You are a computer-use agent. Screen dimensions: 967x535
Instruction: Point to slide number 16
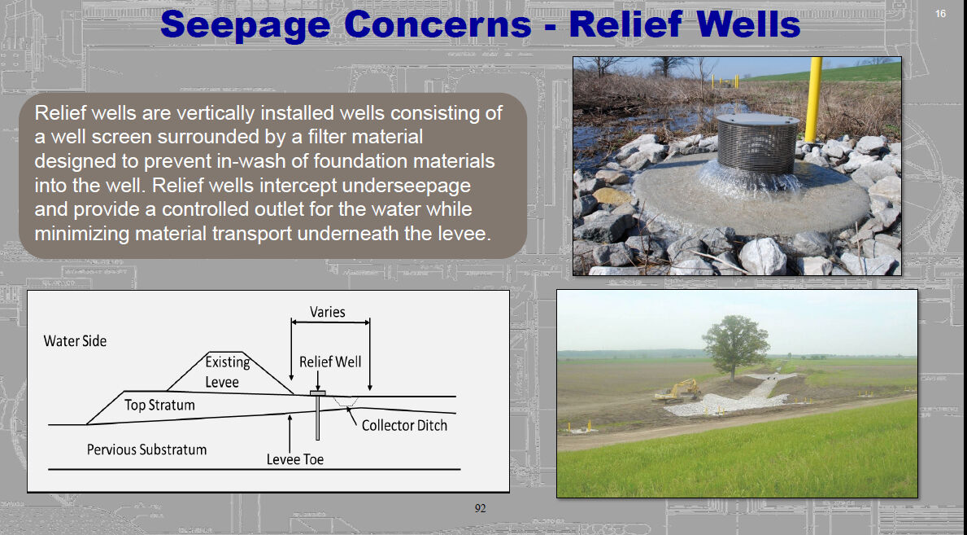pos(940,14)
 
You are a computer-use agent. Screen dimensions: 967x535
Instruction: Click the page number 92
pos(480,508)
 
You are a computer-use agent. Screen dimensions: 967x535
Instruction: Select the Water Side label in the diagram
pos(76,341)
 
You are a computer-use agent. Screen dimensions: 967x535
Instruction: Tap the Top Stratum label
pos(159,406)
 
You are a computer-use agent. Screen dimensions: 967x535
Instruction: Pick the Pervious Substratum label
pos(146,449)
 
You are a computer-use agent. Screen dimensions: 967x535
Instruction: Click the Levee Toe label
pos(294,459)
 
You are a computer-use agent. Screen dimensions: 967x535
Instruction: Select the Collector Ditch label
pos(404,426)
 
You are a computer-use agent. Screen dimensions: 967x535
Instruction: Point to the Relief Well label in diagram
pos(330,362)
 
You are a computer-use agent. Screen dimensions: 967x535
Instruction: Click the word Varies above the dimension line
pos(328,312)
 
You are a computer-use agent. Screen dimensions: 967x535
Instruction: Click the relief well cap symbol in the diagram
pos(318,393)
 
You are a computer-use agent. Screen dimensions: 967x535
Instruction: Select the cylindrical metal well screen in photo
pos(757,143)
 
